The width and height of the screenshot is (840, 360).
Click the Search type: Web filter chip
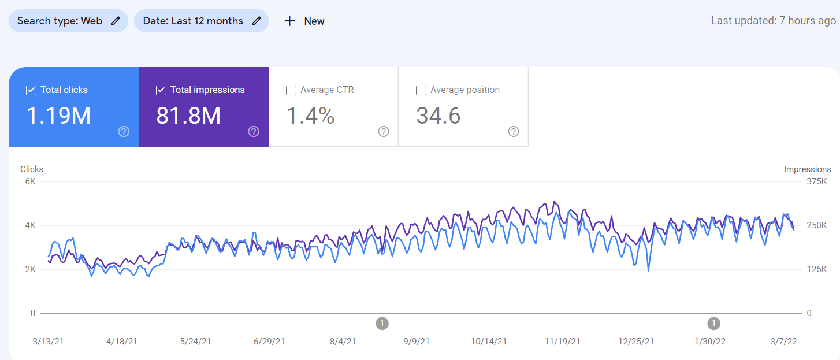coord(68,21)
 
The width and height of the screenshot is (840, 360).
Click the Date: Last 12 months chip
coord(201,21)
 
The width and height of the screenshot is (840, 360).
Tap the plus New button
coord(304,21)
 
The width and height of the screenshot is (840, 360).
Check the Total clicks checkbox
coord(31,90)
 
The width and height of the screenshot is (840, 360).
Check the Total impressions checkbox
coord(161,90)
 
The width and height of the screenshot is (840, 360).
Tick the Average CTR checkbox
coord(291,90)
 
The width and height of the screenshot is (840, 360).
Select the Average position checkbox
coord(421,90)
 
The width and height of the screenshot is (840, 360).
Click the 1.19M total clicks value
coord(59,116)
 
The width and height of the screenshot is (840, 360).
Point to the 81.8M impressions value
coord(189,116)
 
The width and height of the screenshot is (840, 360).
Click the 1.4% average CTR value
coord(311,116)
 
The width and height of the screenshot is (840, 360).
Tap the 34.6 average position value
coord(438,116)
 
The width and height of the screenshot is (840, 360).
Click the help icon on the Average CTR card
coord(384,132)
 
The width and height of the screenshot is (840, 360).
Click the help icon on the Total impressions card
coord(254,132)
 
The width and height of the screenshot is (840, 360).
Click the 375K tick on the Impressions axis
coord(817,181)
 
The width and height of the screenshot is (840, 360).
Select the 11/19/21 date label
coord(563,342)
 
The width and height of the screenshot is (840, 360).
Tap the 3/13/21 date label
coord(48,342)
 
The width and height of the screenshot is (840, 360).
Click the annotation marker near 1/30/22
coord(714,323)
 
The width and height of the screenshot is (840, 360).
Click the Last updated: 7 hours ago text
coord(773,21)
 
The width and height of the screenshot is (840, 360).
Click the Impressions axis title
coord(807,169)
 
